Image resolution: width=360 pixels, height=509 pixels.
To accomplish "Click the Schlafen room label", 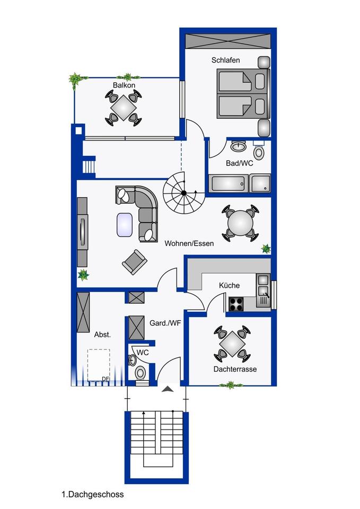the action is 226,60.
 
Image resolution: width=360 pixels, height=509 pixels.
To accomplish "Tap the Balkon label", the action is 124,85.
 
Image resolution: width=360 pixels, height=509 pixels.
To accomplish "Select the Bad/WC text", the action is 239,163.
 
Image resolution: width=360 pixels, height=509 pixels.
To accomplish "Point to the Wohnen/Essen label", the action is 189,243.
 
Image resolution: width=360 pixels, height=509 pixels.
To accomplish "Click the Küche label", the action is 229,285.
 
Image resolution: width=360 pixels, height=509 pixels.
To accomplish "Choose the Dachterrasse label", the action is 235,369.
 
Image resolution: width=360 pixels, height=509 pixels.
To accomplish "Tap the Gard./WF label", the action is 165,323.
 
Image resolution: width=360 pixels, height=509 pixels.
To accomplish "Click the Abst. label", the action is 102,335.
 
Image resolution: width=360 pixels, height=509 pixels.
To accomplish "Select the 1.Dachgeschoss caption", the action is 92,494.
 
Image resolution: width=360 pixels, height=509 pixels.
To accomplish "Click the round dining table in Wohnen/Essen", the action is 241,223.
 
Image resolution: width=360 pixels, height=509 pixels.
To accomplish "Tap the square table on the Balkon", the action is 124,108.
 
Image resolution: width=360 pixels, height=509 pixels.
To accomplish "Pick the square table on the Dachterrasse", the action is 232,344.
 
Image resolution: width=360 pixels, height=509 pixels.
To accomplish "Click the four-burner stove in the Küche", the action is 236,304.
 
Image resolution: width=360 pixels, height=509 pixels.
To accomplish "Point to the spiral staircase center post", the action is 184,193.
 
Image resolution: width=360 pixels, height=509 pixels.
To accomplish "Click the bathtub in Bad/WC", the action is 229,184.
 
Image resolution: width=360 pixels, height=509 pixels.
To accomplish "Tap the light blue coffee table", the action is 125,224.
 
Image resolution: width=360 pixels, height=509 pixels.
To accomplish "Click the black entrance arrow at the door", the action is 168,389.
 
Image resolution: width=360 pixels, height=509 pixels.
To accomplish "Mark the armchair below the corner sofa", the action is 134,262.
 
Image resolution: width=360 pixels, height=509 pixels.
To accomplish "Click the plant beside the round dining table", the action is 266,249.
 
